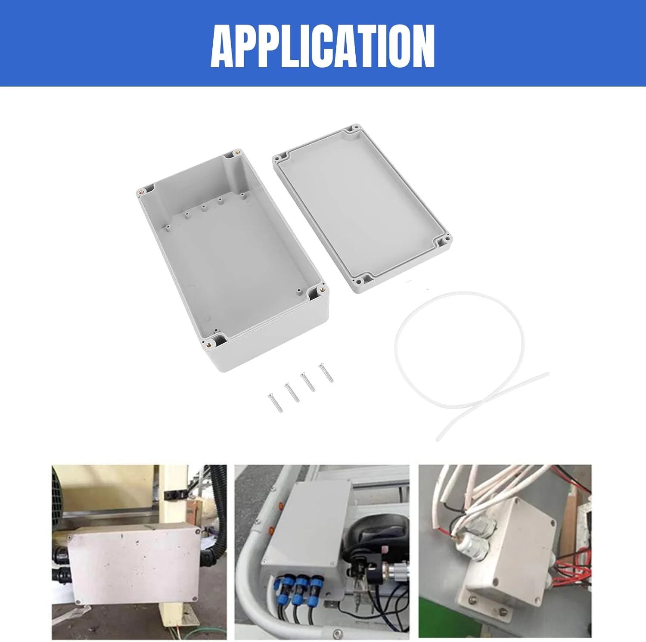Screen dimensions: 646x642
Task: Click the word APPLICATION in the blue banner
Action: point(323,46)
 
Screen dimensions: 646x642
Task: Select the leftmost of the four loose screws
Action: point(274,402)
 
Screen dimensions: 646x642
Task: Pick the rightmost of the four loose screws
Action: point(326,372)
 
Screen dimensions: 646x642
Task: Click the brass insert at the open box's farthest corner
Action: point(235,153)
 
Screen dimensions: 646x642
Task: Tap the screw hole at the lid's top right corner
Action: point(356,128)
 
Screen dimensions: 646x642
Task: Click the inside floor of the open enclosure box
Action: point(233,267)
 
